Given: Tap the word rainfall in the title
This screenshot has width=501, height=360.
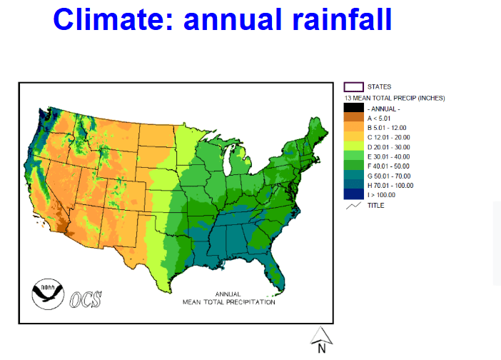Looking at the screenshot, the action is (342, 19).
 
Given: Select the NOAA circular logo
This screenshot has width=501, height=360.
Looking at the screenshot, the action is (48, 294).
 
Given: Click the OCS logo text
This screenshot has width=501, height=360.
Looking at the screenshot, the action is (86, 299).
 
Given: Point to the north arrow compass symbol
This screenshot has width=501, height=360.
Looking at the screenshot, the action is (321, 339).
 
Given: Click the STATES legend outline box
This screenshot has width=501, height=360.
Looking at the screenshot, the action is (354, 87).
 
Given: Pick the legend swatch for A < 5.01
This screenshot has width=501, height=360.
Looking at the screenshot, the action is (354, 117).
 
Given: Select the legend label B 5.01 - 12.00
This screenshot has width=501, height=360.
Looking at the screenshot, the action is (387, 128).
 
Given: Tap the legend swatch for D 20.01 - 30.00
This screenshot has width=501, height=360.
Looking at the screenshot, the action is (354, 146).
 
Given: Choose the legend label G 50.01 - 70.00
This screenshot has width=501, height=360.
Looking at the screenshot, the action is (388, 176).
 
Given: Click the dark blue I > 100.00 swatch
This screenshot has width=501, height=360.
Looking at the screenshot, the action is (354, 194).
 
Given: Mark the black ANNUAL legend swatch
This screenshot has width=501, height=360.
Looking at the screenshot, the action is (354, 108).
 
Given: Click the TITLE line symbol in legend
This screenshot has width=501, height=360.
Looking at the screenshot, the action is (354, 206).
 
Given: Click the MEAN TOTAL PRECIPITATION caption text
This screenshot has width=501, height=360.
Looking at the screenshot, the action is (229, 302).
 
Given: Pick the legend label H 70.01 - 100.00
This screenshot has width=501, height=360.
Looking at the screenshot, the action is (390, 186).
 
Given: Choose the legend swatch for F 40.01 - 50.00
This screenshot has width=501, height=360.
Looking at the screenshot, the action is (354, 165).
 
